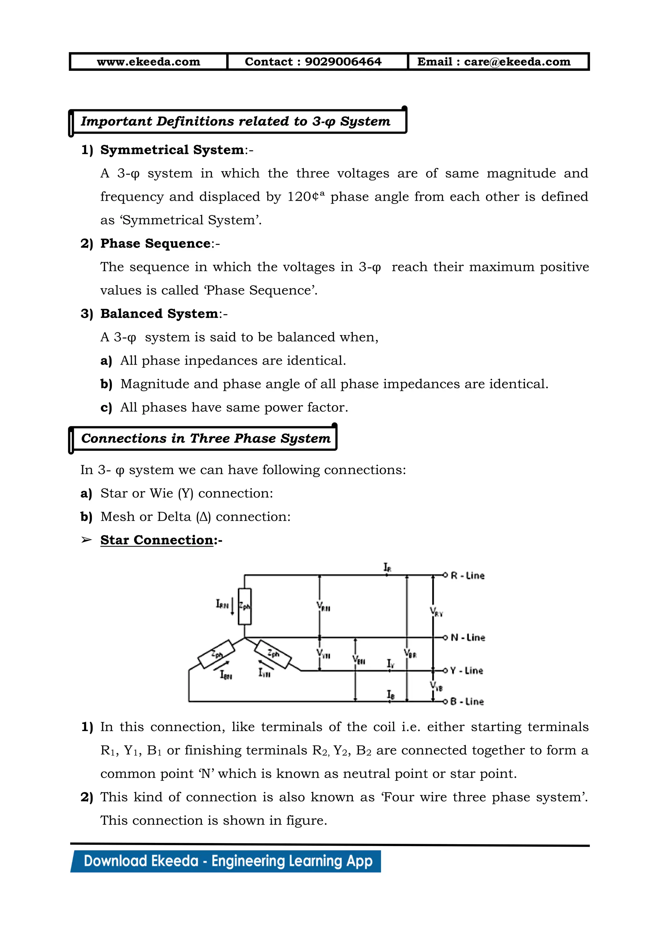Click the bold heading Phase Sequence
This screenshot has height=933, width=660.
coord(155,244)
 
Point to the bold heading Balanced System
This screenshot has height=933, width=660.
coord(159,314)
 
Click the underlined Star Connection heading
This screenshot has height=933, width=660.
coord(157,540)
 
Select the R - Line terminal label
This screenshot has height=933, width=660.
coord(467,576)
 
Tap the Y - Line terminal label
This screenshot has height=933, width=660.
coord(467,670)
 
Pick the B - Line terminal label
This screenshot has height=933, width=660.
coord(467,702)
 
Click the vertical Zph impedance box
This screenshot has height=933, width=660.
coord(245,606)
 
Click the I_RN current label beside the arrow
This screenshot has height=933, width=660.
coord(222,604)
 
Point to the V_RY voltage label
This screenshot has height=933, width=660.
coord(436,611)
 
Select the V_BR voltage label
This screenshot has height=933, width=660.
coord(410,653)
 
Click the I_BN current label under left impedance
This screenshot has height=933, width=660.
coord(226,675)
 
